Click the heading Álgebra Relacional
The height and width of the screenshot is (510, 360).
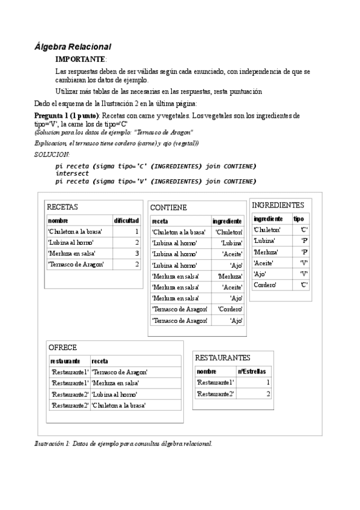click(73, 46)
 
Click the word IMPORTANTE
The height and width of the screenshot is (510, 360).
click(80, 60)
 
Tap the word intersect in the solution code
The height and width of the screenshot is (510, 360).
click(72, 173)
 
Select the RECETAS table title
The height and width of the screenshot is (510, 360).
click(63, 207)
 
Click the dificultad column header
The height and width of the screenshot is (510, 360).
click(127, 221)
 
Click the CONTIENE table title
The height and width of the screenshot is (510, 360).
click(168, 207)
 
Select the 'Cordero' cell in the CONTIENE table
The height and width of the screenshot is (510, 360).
click(230, 309)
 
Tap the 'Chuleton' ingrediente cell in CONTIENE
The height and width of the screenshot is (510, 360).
click(229, 232)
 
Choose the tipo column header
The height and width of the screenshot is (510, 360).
click(298, 219)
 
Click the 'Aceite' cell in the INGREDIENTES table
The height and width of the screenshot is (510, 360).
click(264, 263)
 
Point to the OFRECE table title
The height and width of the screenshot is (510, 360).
click(63, 348)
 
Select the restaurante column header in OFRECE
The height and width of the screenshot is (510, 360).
click(66, 361)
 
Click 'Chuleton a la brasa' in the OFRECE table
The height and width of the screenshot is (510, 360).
click(118, 405)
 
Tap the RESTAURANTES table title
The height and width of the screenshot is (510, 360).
click(223, 358)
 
